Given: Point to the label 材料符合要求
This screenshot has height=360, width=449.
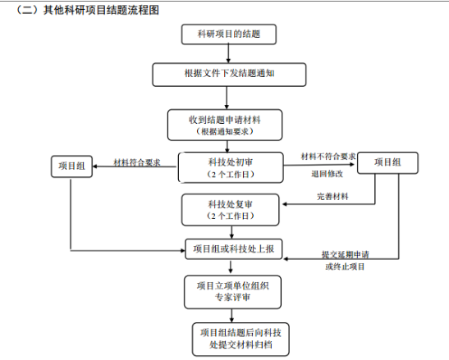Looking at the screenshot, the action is coord(137,162).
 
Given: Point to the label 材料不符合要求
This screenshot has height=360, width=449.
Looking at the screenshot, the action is coord(328,157).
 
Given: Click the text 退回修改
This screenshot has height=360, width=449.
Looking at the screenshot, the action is coord(327,174).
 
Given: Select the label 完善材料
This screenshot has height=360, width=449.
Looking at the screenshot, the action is coord(332,197).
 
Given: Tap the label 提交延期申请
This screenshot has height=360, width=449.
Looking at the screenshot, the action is coord(346,254).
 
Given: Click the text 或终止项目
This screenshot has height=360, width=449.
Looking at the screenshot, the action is coord(345,267).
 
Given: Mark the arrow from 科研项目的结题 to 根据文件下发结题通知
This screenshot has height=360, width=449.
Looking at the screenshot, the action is coord(228,53).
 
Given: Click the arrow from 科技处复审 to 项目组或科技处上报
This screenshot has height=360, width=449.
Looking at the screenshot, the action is coord(231,232).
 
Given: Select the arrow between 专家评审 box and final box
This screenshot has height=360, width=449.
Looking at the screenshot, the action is coord(231,316).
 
